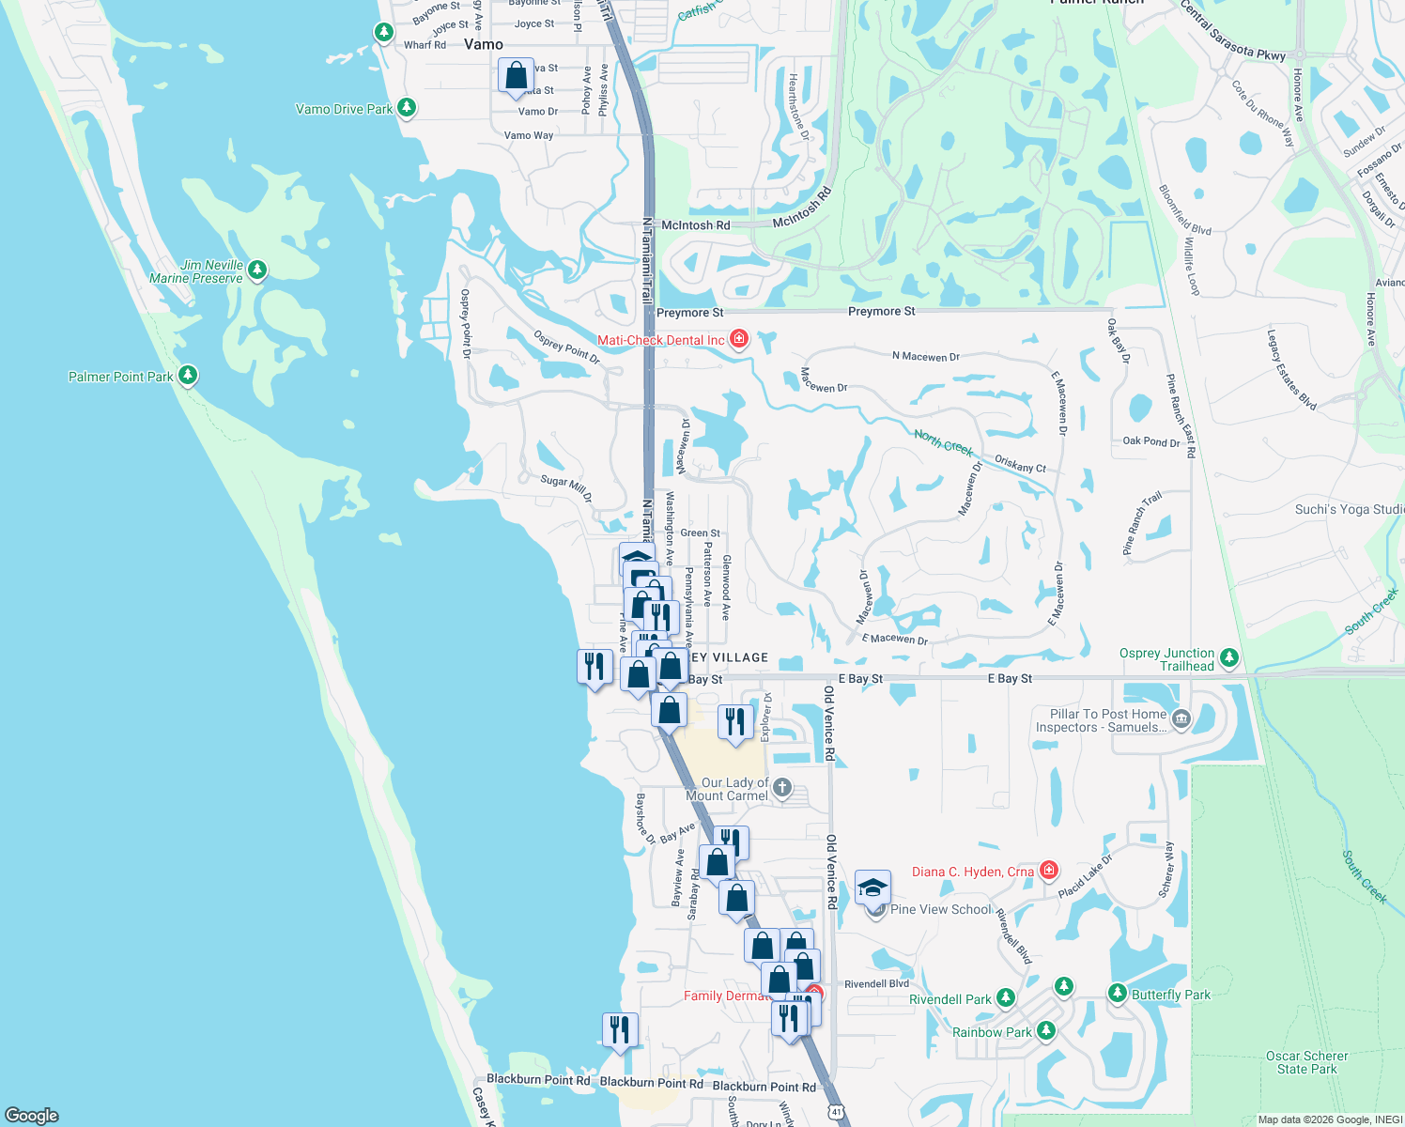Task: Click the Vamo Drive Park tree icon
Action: coord(407,108)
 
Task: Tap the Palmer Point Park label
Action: coord(120,377)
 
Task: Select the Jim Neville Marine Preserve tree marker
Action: coord(256,270)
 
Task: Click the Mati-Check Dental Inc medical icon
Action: coord(739,339)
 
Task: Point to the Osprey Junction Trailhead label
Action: coord(1167,659)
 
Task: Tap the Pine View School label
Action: coord(940,909)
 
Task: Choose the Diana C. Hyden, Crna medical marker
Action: coord(1049,871)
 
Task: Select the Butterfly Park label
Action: coord(1170,995)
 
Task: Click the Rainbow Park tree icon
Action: coord(1045,1031)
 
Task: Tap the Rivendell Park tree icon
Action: coord(1005,998)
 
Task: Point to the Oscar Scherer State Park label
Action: coord(1306,1062)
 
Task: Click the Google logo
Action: coord(32,1115)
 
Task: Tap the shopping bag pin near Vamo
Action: coord(516,77)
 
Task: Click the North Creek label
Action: coord(943,441)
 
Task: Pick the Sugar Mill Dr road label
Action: coord(566,486)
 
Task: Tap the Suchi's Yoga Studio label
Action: coord(1349,509)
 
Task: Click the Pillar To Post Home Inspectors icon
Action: coord(1181,720)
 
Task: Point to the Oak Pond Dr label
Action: coord(1150,440)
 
